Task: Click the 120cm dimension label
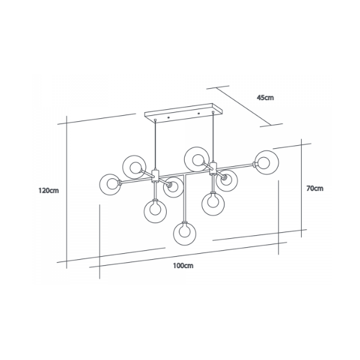tap(49, 191)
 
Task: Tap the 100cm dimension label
tap(183, 266)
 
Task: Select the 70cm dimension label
tap(315, 188)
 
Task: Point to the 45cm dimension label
tap(265, 98)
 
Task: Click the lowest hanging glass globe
tap(185, 233)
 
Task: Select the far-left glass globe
tap(110, 185)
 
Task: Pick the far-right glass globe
tap(267, 163)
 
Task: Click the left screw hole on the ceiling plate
tap(169, 118)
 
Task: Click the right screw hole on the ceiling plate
tap(199, 113)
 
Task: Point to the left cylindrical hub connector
tap(155, 176)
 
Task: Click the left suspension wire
tap(155, 145)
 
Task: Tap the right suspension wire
tap(214, 137)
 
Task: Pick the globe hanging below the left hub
tap(155, 211)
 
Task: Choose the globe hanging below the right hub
tap(213, 204)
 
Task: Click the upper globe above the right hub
tap(197, 159)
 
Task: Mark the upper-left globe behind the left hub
tap(134, 167)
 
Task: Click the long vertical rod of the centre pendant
tap(184, 199)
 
